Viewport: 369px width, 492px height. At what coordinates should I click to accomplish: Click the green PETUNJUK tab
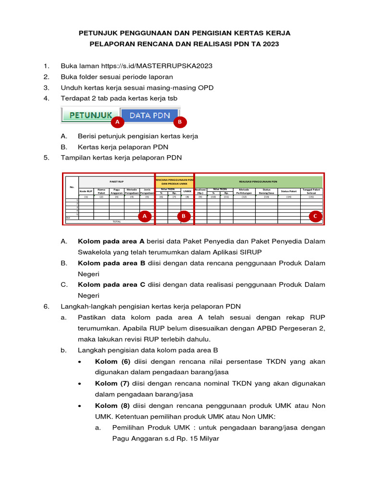(90, 115)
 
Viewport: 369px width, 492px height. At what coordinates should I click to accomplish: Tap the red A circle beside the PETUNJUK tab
(116, 123)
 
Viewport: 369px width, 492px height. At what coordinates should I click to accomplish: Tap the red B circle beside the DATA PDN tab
(179, 123)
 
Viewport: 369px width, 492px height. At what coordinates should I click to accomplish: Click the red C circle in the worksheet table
(315, 217)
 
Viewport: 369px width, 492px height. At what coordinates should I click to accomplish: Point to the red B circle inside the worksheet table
(184, 217)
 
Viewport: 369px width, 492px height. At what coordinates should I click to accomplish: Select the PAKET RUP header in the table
(116, 182)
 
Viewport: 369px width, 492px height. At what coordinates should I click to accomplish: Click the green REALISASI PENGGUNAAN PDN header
(258, 182)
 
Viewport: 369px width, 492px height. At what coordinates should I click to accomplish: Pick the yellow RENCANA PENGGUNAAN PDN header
(174, 182)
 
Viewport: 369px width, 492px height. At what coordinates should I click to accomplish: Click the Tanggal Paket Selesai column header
(311, 191)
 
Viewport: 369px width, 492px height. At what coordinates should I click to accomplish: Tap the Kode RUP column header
(86, 191)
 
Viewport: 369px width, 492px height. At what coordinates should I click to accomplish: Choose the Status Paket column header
(289, 191)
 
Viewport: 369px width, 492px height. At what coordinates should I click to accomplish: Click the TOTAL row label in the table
(116, 221)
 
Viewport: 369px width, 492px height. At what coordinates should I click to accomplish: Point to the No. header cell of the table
(72, 187)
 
